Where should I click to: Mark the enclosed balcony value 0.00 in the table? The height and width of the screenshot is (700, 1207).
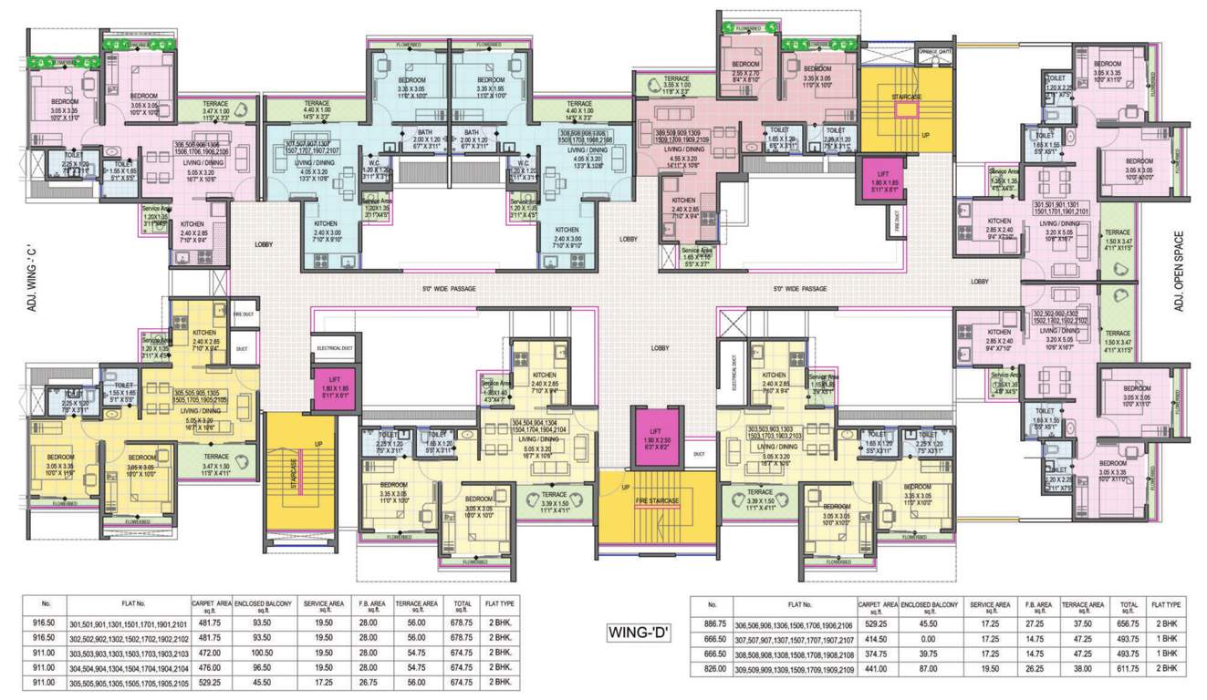point(929,641)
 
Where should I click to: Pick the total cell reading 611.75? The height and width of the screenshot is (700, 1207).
point(1128,668)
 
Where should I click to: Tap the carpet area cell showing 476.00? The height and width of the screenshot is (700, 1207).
point(208,667)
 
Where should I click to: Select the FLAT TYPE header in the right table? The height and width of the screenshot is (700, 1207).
point(1166,603)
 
